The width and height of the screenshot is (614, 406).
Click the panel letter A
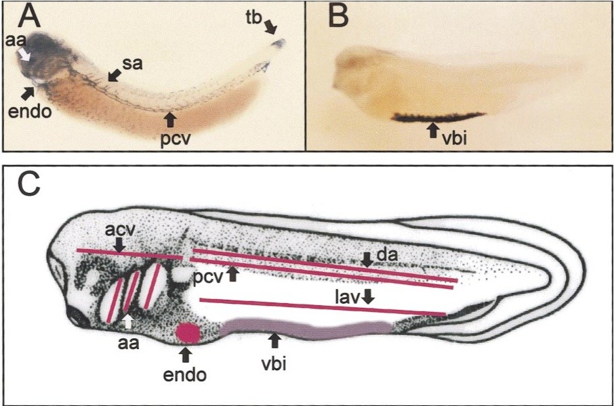point(31,17)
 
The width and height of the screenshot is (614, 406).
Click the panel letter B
point(337,17)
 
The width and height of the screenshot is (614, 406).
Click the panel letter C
point(28,183)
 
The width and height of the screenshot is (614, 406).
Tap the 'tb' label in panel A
point(254,18)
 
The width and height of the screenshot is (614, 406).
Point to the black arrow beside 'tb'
point(270,27)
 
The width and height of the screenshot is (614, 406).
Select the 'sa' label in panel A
point(133,64)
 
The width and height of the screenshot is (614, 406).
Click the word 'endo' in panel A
point(30,112)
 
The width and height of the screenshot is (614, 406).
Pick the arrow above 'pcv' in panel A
point(169,119)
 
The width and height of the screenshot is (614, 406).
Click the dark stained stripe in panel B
point(439,117)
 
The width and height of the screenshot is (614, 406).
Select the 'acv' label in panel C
point(120,231)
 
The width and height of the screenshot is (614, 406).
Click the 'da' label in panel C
point(387,255)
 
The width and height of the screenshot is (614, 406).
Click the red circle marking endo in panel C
point(188,333)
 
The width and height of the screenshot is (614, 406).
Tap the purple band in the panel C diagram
point(306,329)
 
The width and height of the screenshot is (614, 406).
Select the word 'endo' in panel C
point(185,375)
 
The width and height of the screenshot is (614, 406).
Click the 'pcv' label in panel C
point(207,278)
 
